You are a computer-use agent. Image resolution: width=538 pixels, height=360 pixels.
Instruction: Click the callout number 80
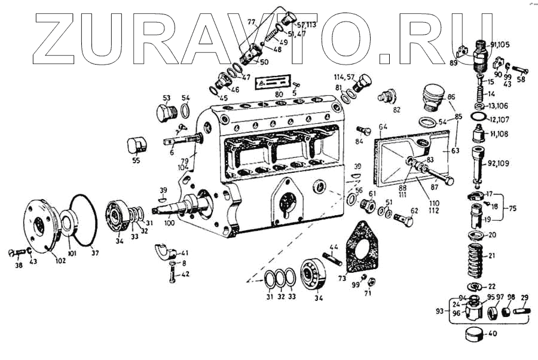point(279,94)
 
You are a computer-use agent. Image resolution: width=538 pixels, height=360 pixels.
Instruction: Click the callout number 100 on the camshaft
point(170,222)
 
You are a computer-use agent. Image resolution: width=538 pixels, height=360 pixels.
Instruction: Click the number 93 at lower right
point(441,311)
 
